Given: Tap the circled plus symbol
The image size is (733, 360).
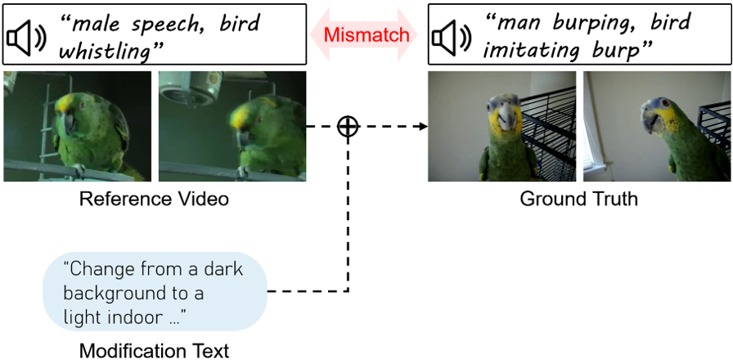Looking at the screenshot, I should point(349,127).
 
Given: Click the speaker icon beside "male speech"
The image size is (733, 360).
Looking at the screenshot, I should point(24,36).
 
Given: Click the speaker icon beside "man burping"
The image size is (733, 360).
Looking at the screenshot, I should point(451,36).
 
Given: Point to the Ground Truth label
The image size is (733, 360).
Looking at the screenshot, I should point(578,200).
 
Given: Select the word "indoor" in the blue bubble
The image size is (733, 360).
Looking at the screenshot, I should point(144,315).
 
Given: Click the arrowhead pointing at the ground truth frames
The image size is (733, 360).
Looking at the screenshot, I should point(424,127).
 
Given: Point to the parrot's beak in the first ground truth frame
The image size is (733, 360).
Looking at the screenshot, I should point(507,119).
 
